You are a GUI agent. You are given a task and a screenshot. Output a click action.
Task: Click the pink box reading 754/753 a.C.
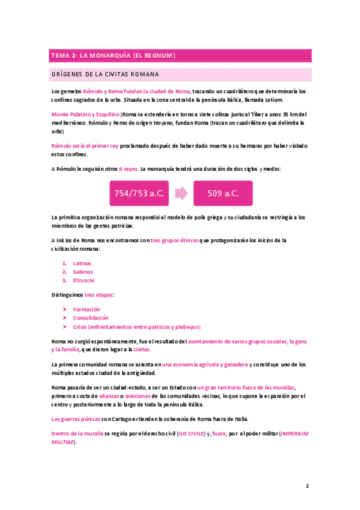[138, 193]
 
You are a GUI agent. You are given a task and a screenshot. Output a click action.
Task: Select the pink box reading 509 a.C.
[223, 193]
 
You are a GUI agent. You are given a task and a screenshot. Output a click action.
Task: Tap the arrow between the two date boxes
[181, 193]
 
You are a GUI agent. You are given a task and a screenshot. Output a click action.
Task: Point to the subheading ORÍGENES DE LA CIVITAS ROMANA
[105, 75]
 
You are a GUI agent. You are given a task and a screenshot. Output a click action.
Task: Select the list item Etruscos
[84, 280]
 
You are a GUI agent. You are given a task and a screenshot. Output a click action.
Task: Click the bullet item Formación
[87, 309]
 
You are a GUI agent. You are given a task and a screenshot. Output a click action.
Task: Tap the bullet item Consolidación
[91, 318]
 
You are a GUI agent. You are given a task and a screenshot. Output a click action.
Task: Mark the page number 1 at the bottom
[307, 486]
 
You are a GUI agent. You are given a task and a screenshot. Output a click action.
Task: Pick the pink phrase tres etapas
[99, 295]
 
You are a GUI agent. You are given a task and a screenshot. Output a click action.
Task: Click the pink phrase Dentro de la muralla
[78, 433]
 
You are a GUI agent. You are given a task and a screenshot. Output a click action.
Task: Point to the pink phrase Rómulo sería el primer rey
[85, 146]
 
